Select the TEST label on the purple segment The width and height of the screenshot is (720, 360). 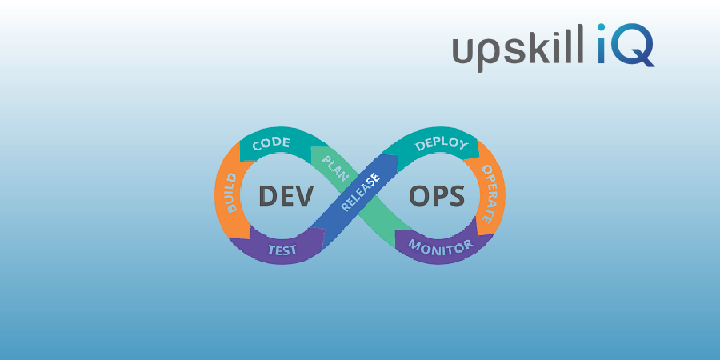point(282,250)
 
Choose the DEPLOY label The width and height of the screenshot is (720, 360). point(441,145)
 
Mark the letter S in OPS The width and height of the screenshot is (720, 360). point(456,196)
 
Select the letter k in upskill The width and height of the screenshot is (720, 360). point(544,46)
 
